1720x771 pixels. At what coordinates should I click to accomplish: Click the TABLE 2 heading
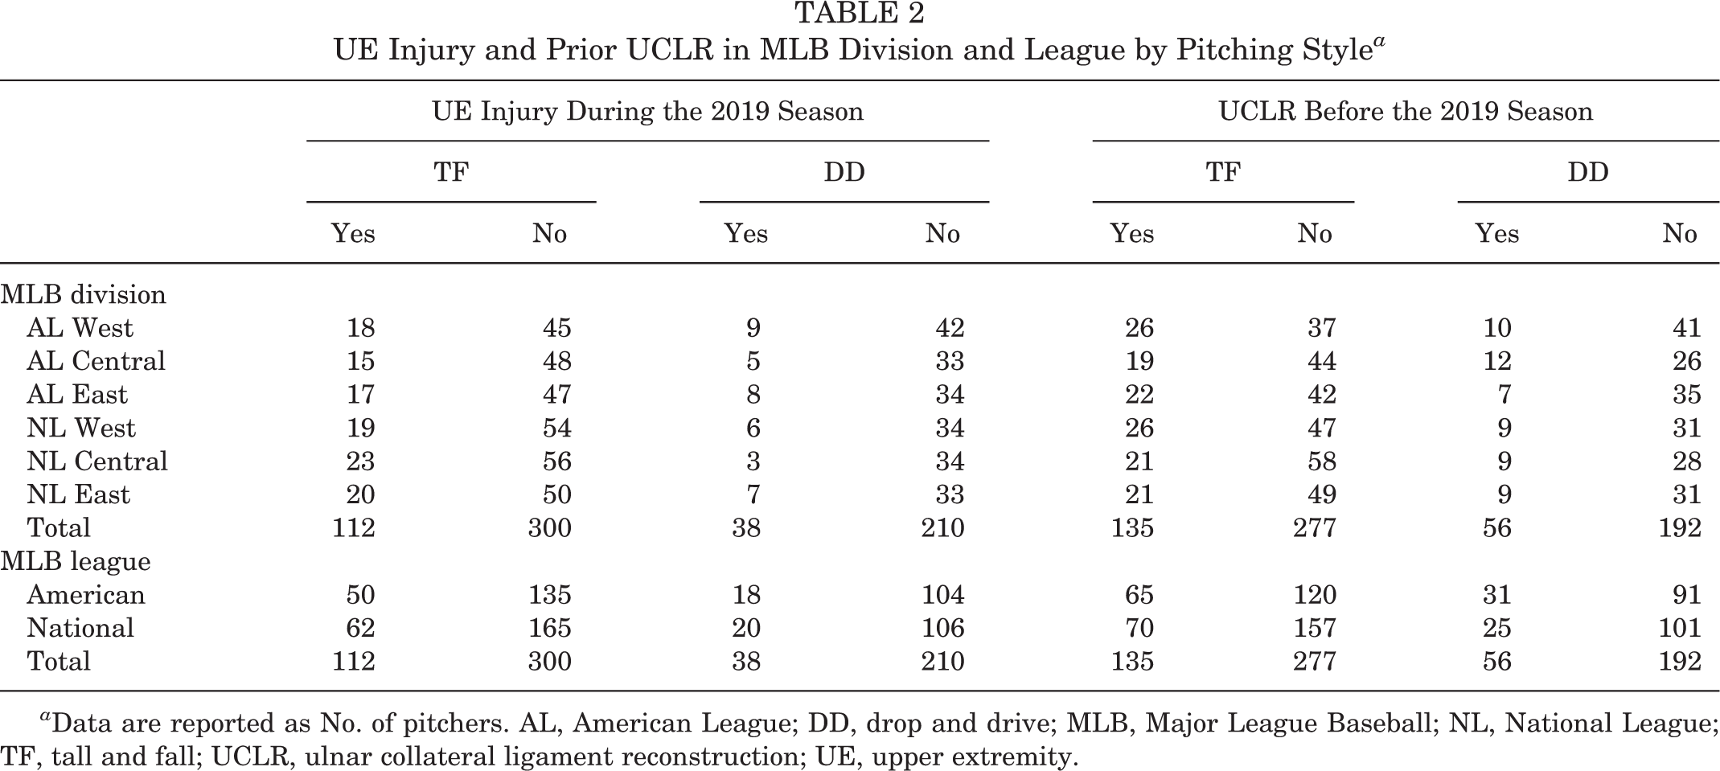coord(860,13)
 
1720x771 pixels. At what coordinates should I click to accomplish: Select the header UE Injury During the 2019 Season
coord(648,111)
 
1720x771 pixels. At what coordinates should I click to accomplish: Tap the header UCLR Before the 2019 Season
coord(1406,111)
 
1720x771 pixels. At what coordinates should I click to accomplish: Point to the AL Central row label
coord(96,361)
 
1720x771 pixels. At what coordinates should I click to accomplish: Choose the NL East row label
coord(78,494)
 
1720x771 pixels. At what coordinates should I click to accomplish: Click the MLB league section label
coord(76,561)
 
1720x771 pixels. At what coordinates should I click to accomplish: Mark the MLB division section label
coord(83,294)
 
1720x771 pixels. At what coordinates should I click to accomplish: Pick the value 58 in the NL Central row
coord(1321,461)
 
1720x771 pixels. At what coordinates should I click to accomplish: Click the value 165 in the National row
coord(549,628)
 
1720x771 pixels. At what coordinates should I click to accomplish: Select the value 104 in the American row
coord(942,595)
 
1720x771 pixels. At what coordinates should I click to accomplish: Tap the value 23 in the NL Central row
coord(359,461)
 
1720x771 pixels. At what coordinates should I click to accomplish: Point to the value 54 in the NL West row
coord(556,428)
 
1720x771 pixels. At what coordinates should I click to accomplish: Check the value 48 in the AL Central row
coord(556,361)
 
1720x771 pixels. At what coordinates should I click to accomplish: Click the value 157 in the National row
coord(1315,628)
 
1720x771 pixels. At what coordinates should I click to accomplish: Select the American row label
coord(86,595)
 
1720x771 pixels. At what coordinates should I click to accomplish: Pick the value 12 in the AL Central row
coord(1496,361)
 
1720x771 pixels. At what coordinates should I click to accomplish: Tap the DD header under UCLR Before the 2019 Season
coord(1587,172)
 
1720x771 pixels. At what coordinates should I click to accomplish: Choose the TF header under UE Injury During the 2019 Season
coord(451,172)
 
